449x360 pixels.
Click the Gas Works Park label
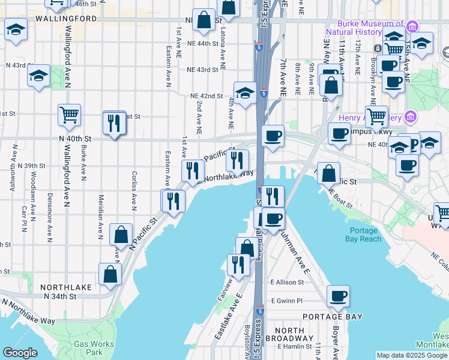click(92, 349)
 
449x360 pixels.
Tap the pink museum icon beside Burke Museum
click(412, 27)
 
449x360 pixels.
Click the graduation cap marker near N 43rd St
click(39, 76)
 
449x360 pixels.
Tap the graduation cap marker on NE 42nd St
click(245, 93)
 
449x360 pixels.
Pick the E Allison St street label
click(288, 282)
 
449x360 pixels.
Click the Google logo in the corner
click(20, 353)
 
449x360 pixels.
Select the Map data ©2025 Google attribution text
click(412, 355)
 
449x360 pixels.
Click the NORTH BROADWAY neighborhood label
click(291, 336)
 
